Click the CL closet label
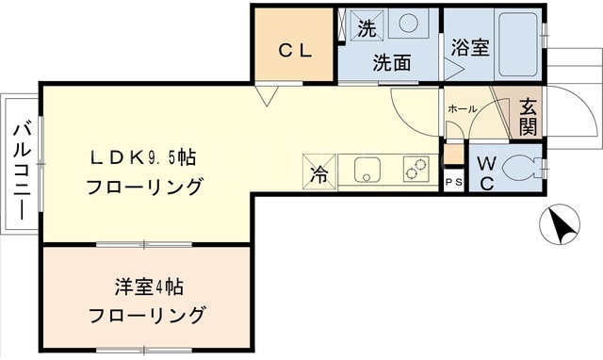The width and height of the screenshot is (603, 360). [295, 50]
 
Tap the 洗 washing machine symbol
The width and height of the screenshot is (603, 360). [367, 25]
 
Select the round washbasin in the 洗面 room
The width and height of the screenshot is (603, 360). [408, 23]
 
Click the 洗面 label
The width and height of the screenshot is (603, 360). [392, 63]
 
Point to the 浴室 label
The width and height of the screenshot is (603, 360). [470, 48]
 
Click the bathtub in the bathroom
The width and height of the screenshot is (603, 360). [518, 44]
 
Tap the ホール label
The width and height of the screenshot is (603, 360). [463, 108]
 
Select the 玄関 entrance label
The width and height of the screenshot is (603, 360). [528, 117]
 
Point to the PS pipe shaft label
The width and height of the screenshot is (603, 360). [454, 183]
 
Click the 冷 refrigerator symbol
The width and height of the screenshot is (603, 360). [319, 172]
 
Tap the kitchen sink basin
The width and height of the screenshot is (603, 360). [367, 170]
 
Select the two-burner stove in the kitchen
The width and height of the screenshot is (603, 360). [416, 169]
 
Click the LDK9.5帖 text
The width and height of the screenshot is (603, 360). [143, 158]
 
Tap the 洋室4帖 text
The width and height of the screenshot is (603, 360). [149, 286]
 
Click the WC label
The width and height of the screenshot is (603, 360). [487, 175]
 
